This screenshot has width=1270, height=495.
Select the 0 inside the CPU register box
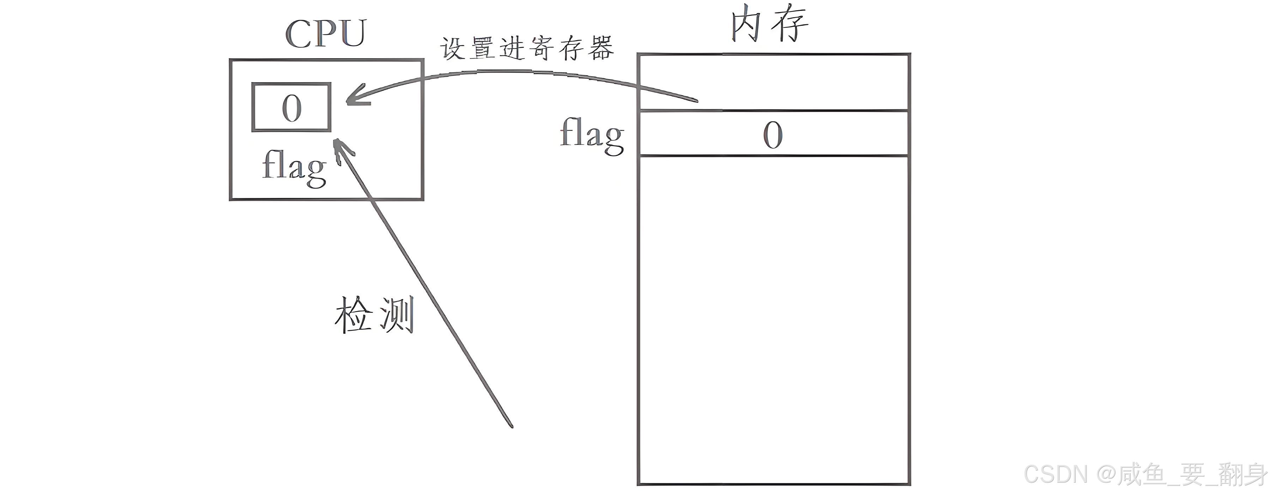(x=291, y=108)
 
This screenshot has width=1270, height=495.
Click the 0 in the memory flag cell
(x=773, y=134)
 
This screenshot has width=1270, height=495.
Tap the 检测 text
(x=374, y=315)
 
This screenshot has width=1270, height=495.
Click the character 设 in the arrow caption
(x=453, y=49)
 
